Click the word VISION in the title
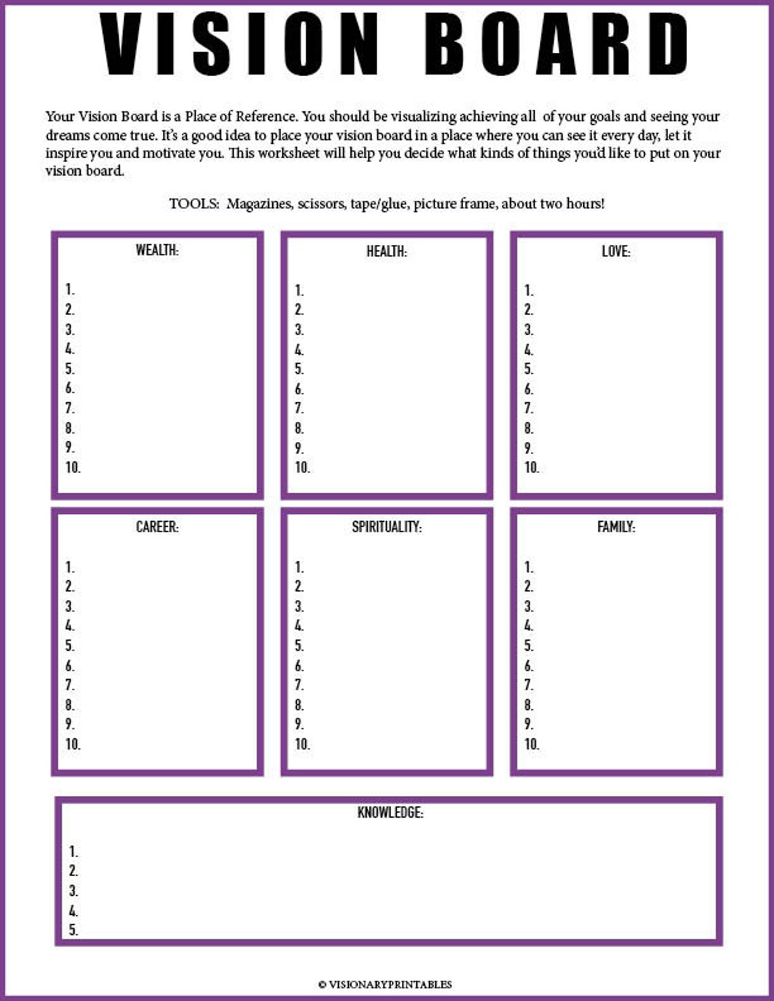tap(239, 43)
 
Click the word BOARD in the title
tap(557, 43)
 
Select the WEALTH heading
tap(157, 250)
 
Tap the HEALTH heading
tap(386, 252)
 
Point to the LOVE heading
tap(616, 252)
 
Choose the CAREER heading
tap(157, 527)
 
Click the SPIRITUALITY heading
tap(386, 527)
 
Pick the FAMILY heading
tap(616, 527)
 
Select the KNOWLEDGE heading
tap(390, 812)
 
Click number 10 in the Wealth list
tap(73, 468)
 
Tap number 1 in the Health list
tap(299, 290)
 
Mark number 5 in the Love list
tap(528, 369)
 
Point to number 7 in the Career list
tap(69, 685)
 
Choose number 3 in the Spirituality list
tap(299, 607)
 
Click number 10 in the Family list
tap(532, 744)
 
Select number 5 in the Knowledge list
tap(73, 930)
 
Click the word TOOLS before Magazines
tap(193, 204)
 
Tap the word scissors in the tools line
tap(321, 204)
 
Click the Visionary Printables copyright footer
tap(385, 984)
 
